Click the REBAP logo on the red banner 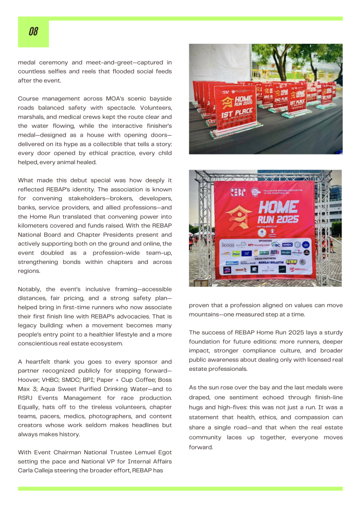(238, 191)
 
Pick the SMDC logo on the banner (287, 245)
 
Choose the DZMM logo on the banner (291, 261)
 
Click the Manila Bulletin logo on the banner (270, 262)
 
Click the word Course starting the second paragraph (30, 98)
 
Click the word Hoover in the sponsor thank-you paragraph (30, 380)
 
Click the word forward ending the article (200, 447)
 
